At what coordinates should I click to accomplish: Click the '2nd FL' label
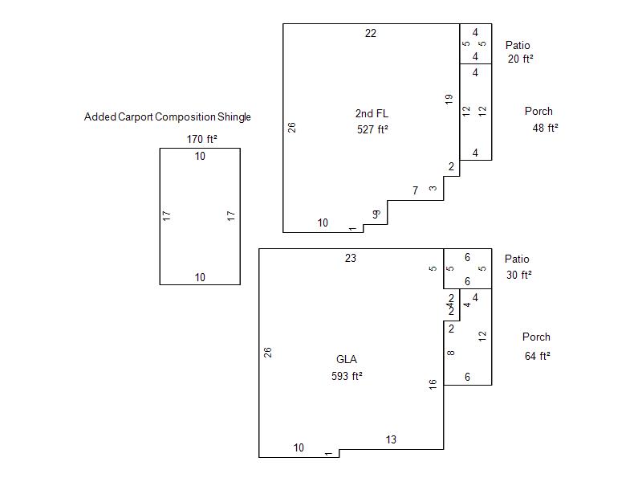point(372,113)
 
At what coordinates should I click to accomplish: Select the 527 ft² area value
point(372,129)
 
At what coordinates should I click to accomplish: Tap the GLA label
point(347,359)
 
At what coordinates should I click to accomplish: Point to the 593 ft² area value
point(347,375)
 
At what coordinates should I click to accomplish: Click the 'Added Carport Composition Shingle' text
point(168,117)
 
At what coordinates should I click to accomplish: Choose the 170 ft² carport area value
point(202,139)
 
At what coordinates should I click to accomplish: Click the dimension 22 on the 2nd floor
point(371,33)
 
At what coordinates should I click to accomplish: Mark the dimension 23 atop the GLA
point(351,258)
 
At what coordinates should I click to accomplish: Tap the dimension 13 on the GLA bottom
point(391,439)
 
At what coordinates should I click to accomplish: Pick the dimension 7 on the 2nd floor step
point(415,190)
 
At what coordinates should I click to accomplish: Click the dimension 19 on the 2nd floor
point(449,99)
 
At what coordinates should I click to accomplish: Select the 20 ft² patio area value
point(521,59)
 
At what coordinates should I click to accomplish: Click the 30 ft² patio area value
point(519,275)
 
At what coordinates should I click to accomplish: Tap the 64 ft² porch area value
point(538,356)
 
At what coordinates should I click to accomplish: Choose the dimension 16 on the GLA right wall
point(433,385)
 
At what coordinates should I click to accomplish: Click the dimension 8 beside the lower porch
point(451,353)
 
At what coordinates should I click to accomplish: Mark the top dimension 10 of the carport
point(200,157)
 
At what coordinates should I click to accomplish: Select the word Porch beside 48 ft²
point(538,112)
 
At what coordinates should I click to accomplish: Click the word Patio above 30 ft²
point(517,259)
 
